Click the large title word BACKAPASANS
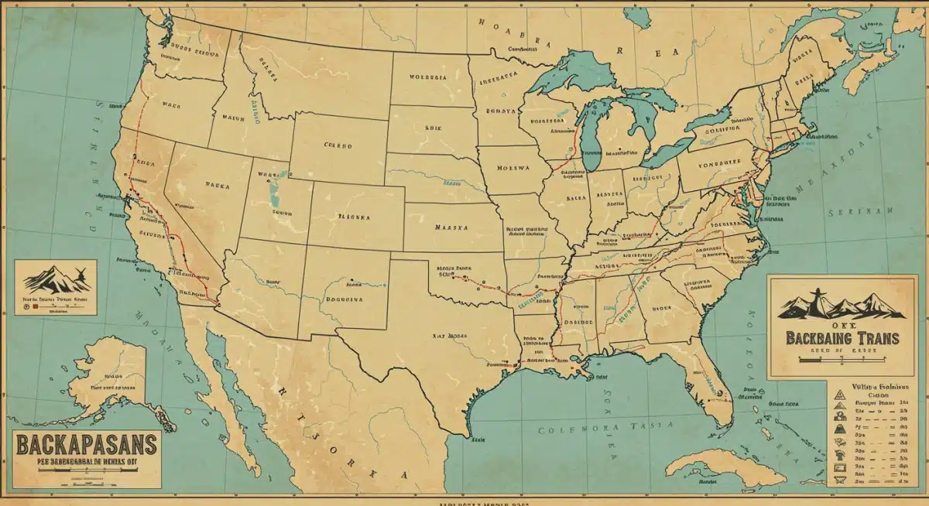coord(85,446)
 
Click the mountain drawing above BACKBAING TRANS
coord(840,303)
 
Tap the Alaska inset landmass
coord(108,371)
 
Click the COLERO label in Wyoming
coord(338,145)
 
